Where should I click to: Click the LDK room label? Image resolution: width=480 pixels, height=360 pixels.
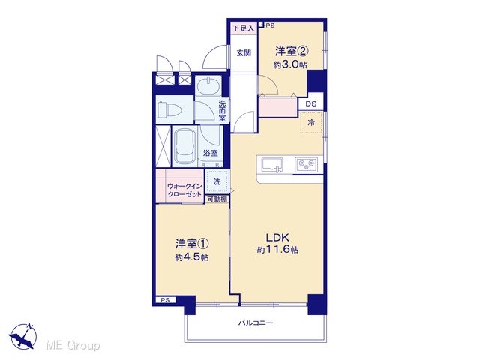pyautogui.click(x=277, y=238)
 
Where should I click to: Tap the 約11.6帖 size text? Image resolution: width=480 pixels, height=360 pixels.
pyautogui.click(x=277, y=250)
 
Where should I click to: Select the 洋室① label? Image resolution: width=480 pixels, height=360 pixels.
pyautogui.click(x=192, y=244)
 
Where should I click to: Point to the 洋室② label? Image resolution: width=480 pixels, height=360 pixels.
pyautogui.click(x=291, y=51)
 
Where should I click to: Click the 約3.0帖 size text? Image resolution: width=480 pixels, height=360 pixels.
pyautogui.click(x=290, y=65)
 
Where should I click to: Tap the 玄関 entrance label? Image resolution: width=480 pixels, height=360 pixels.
pyautogui.click(x=244, y=53)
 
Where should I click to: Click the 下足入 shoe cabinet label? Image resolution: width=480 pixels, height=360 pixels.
pyautogui.click(x=244, y=28)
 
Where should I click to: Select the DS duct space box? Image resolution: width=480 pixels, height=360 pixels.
pyautogui.click(x=311, y=103)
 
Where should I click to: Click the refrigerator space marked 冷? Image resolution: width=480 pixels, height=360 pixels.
pyautogui.click(x=311, y=122)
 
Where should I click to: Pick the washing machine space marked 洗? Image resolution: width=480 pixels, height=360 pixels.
pyautogui.click(x=217, y=181)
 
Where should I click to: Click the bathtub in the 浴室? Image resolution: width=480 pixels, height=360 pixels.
pyautogui.click(x=185, y=147)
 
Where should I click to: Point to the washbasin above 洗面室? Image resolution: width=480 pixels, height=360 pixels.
pyautogui.click(x=208, y=85)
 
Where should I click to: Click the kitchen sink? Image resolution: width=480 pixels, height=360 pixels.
pyautogui.click(x=271, y=165)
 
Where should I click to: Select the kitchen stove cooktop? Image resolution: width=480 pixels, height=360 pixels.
pyautogui.click(x=307, y=165)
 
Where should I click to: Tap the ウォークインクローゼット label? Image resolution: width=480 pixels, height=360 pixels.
pyautogui.click(x=184, y=190)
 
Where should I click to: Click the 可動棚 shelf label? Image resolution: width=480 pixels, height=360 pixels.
pyautogui.click(x=217, y=199)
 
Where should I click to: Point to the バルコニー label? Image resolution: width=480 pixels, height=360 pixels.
pyautogui.click(x=256, y=322)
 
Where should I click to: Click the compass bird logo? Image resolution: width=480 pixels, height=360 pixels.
pyautogui.click(x=22, y=336)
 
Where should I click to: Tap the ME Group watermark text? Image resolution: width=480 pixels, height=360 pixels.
pyautogui.click(x=73, y=345)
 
